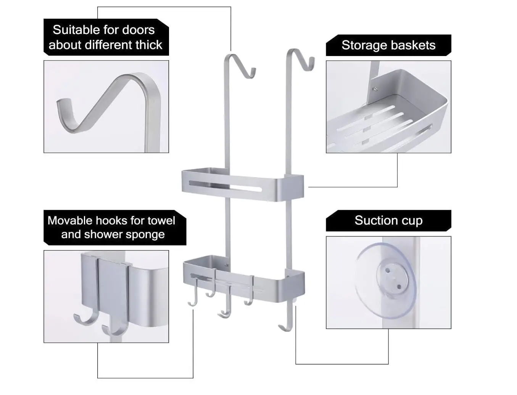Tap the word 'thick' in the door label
coord(149,45)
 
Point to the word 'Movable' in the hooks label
coord(70,221)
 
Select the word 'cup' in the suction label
coord(412,221)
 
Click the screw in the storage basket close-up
coord(375,89)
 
